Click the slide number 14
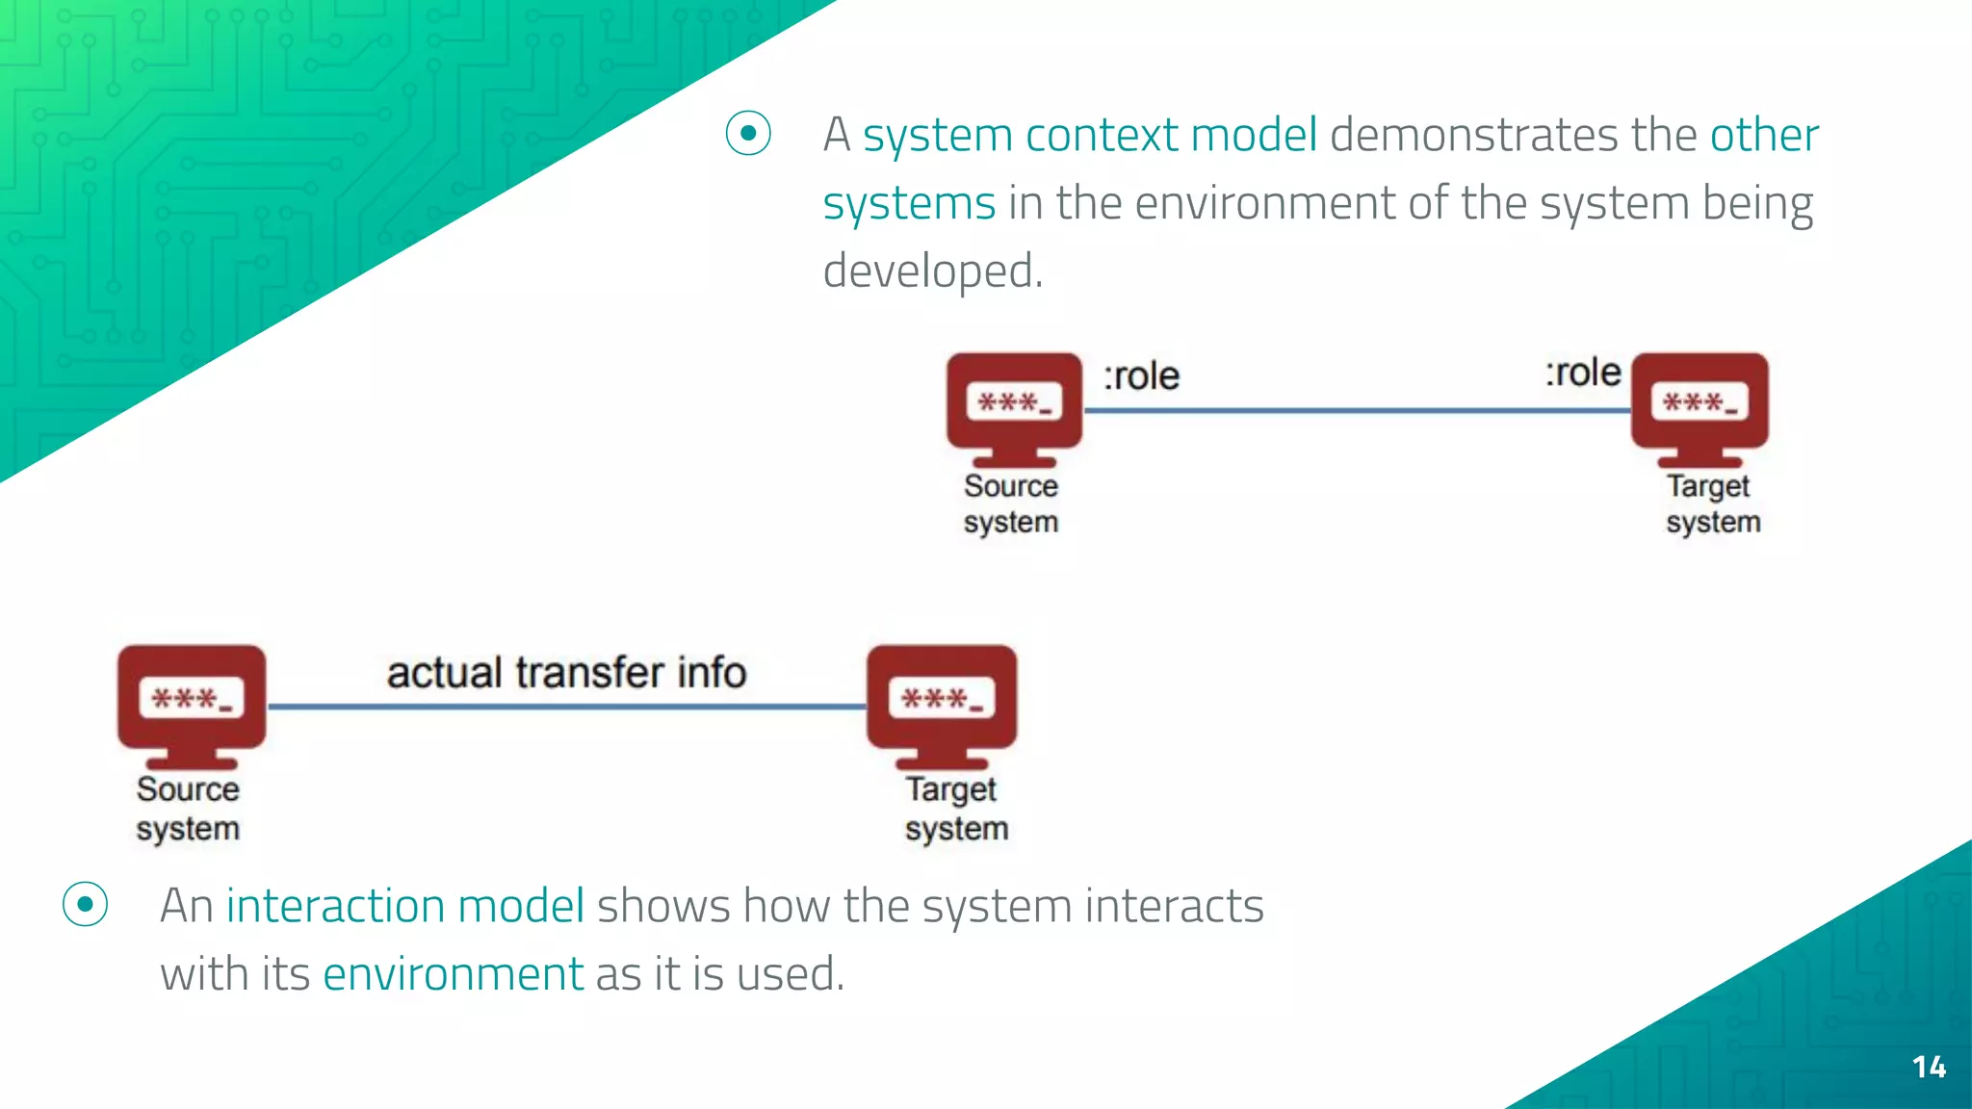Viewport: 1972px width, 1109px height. [x=1929, y=1067]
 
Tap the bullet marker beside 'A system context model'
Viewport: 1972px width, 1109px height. [x=748, y=134]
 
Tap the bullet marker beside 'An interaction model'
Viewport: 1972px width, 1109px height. [x=85, y=905]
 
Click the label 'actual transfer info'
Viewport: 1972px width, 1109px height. [x=566, y=672]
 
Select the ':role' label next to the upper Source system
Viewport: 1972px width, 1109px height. [x=1141, y=375]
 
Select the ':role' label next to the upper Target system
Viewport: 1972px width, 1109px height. [x=1583, y=372]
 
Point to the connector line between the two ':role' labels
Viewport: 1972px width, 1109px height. [x=1358, y=411]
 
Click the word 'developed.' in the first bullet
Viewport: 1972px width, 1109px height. [x=932, y=271]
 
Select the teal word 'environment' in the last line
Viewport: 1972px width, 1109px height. [x=453, y=973]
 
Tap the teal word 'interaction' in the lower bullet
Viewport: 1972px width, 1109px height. [x=334, y=906]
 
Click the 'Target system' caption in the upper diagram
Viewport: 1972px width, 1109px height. [x=1713, y=503]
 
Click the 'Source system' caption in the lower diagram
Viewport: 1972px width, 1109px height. [x=188, y=809]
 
